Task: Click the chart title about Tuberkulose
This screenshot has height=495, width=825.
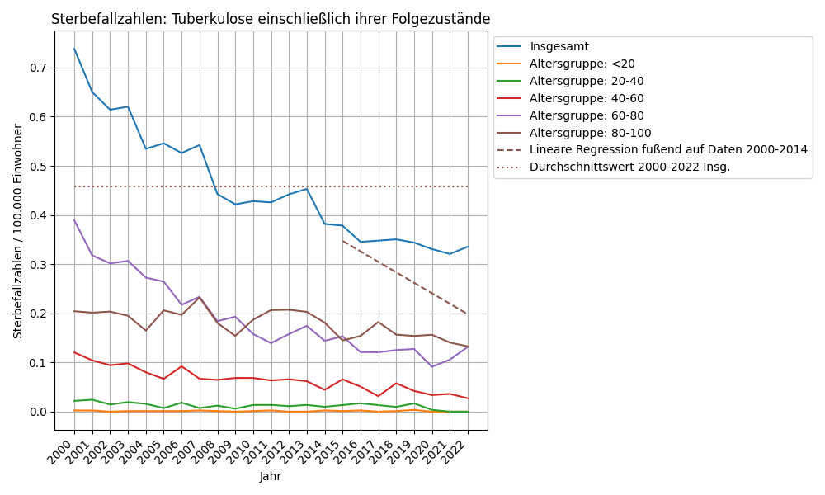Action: point(271,19)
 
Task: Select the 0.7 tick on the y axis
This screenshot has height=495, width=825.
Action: point(37,68)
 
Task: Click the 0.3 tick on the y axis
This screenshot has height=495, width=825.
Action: point(37,265)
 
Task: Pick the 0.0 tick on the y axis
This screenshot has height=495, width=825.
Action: point(37,412)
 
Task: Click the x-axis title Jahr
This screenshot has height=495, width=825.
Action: point(271,477)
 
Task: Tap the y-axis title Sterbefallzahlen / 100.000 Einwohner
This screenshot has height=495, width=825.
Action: point(18,231)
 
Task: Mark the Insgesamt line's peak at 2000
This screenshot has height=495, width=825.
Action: point(74,49)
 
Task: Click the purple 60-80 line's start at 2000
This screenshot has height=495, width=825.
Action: point(74,220)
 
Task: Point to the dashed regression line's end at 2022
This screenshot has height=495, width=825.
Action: point(468,314)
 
